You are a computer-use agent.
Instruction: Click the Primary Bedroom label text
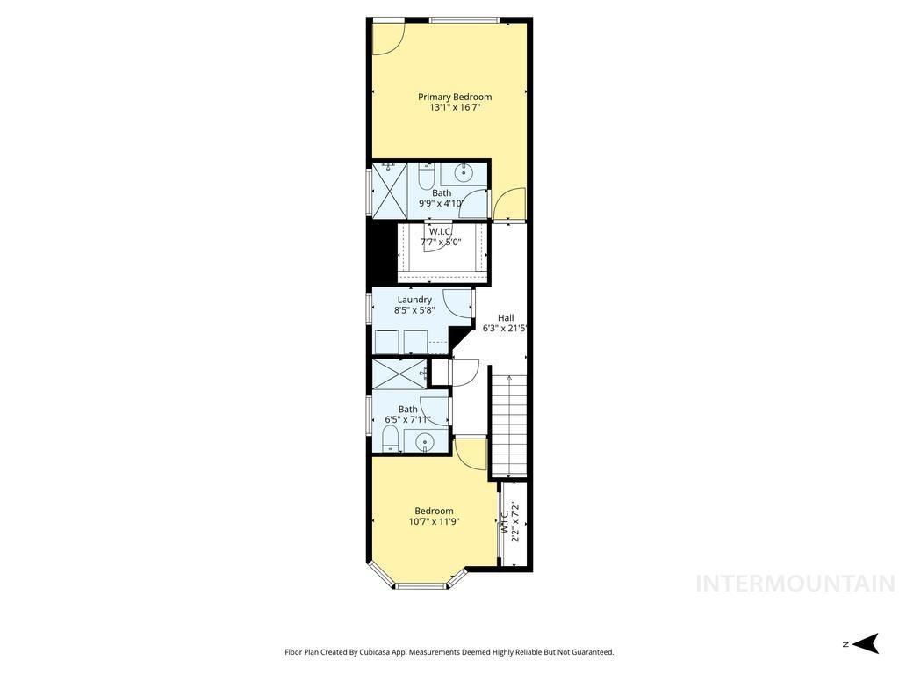coord(454,97)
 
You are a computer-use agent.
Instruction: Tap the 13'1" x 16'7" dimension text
coord(454,108)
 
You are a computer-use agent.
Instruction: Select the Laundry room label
coord(414,300)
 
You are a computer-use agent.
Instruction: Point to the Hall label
coord(506,318)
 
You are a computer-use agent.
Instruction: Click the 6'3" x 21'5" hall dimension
coord(504,329)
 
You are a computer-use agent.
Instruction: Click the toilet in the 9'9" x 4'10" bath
coord(426,178)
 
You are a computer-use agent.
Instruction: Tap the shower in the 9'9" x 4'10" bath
coord(390,189)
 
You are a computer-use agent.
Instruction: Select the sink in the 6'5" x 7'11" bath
coord(425,442)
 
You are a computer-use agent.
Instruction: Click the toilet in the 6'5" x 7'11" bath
coord(391,439)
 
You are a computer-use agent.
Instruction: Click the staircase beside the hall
coord(508,425)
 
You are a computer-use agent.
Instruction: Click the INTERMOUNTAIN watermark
coord(795,584)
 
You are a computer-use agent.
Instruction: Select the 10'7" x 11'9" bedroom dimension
coord(434,522)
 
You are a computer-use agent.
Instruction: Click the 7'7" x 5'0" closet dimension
coord(440,242)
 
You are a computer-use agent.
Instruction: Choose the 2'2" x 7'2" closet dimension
coord(516,521)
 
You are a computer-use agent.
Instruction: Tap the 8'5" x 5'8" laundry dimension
coord(414,310)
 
